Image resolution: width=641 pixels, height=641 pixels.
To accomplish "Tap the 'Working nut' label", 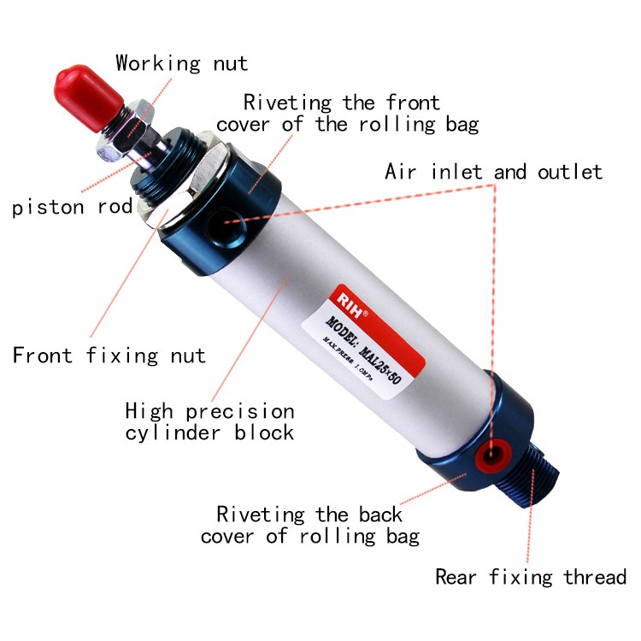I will tap(181, 63).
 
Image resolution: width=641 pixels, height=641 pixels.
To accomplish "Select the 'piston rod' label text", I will tap(73, 207).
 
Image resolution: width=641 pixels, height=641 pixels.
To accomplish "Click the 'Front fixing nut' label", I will tap(109, 355).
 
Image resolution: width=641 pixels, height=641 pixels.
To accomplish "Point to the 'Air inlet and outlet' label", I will tap(493, 172).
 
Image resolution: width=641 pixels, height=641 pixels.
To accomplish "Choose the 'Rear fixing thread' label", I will tap(531, 578).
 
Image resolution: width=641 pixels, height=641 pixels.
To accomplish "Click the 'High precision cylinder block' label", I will tap(209, 421).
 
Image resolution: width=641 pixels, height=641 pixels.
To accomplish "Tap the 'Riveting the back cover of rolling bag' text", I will tap(310, 526).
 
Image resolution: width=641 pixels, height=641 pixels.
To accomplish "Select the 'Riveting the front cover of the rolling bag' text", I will tap(347, 114).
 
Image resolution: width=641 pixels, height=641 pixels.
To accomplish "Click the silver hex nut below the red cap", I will tap(137, 128).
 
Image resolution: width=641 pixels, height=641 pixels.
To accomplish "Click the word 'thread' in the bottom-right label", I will tap(595, 578).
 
